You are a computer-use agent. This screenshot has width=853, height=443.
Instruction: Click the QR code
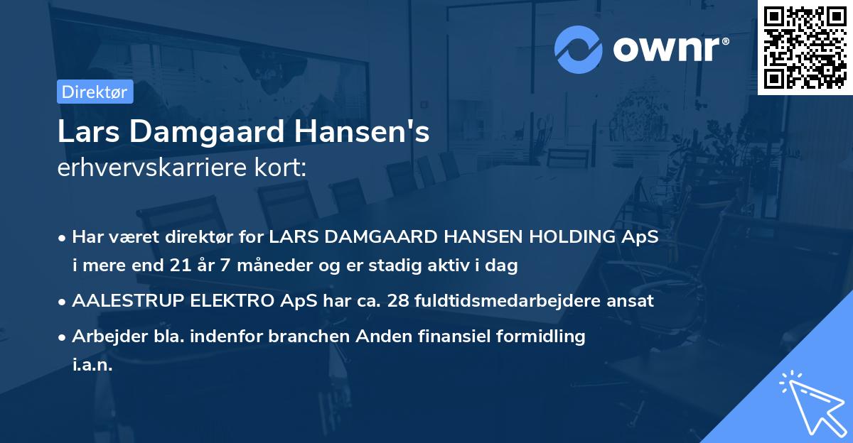point(805,48)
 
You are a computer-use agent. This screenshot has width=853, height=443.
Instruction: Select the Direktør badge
point(95,92)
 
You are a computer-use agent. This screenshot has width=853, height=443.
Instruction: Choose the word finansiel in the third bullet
point(444,336)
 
